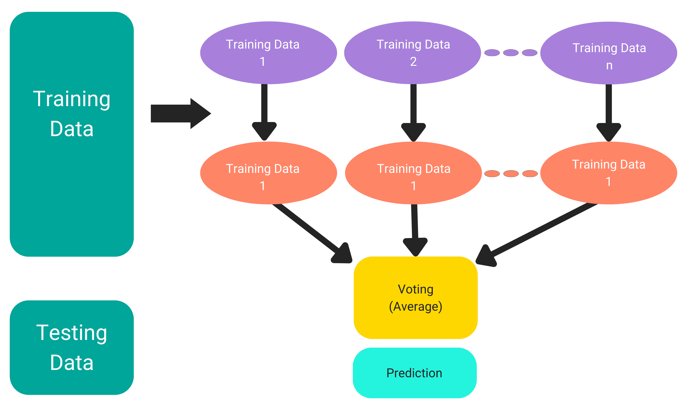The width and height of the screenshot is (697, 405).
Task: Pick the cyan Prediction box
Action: click(x=415, y=373)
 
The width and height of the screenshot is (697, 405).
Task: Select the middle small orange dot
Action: click(x=511, y=174)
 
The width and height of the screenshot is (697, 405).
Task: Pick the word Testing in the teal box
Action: click(x=72, y=333)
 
